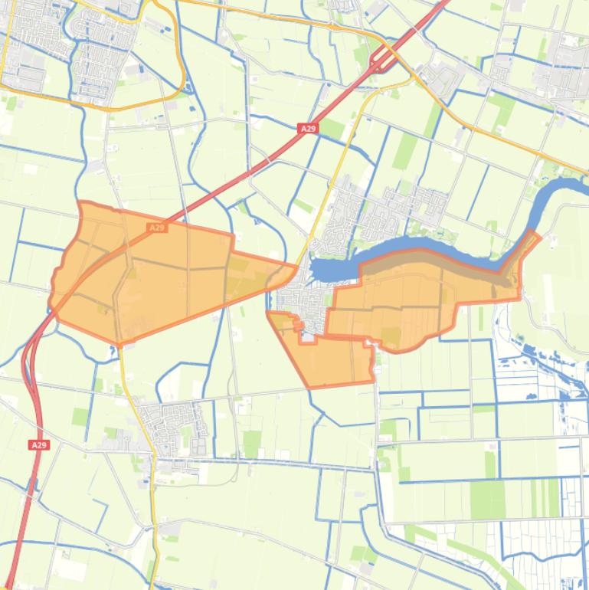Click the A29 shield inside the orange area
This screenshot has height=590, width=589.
156,228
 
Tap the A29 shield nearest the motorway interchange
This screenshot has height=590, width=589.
308,129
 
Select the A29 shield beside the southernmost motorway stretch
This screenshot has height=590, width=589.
39,444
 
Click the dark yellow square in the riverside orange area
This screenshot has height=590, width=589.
391,335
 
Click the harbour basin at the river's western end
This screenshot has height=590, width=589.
326,268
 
